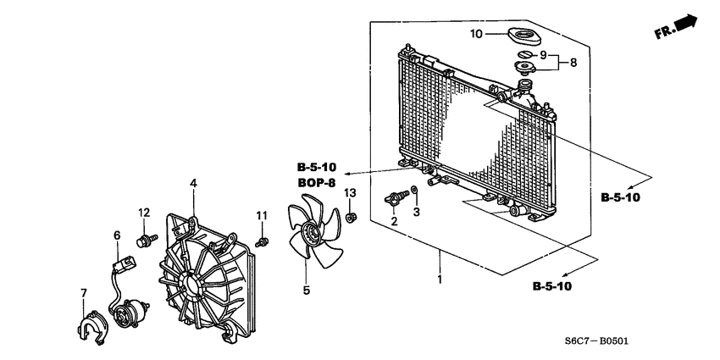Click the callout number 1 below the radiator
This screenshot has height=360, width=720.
coord(439,280)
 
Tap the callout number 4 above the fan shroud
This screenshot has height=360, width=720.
coord(193,183)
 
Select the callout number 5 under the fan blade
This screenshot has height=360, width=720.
coord(307,291)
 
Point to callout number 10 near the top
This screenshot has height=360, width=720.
coord(476,34)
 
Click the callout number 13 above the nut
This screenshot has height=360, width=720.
coord(350,194)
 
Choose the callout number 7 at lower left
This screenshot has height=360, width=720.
coord(83,293)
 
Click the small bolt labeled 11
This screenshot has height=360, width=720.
coord(263,243)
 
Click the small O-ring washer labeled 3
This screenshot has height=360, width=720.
coord(413,191)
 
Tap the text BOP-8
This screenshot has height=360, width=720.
coord(317,182)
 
